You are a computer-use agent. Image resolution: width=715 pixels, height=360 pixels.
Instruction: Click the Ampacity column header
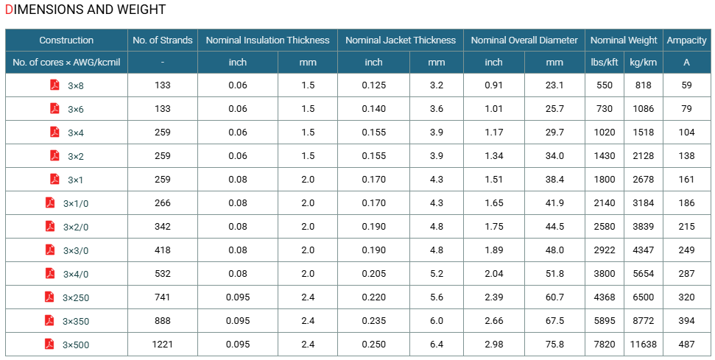point(686,40)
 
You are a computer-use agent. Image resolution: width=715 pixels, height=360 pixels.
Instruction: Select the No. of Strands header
point(163,40)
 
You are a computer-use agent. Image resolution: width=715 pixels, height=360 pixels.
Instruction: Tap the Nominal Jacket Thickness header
point(401,40)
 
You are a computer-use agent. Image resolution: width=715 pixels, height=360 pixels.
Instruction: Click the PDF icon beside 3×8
point(54,85)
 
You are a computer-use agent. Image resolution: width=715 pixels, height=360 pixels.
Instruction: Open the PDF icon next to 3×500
point(49,344)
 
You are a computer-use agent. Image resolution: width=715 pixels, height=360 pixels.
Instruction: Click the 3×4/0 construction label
point(76,274)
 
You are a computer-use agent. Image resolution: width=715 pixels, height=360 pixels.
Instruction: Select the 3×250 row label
point(76,297)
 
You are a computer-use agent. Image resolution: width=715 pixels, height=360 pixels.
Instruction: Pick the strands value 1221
point(162,345)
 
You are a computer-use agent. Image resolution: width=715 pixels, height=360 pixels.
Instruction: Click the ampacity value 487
point(686,345)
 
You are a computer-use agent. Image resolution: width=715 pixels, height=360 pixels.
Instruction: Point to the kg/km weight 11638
point(643,345)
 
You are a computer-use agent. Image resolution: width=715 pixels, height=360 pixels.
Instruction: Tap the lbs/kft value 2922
point(605,250)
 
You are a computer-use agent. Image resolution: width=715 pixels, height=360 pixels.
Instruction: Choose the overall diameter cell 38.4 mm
point(554,180)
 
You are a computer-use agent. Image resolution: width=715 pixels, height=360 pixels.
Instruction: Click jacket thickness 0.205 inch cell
point(373,274)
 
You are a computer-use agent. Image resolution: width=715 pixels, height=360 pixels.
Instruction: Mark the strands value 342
point(162,227)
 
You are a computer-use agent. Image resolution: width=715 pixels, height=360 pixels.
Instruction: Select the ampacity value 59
point(686,85)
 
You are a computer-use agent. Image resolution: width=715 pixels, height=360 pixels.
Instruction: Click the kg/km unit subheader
point(643,63)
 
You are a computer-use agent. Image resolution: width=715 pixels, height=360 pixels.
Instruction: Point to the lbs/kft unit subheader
point(605,63)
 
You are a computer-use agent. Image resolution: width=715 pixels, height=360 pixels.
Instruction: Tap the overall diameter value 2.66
point(494,321)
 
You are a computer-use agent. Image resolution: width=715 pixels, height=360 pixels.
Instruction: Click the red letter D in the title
point(9,10)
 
